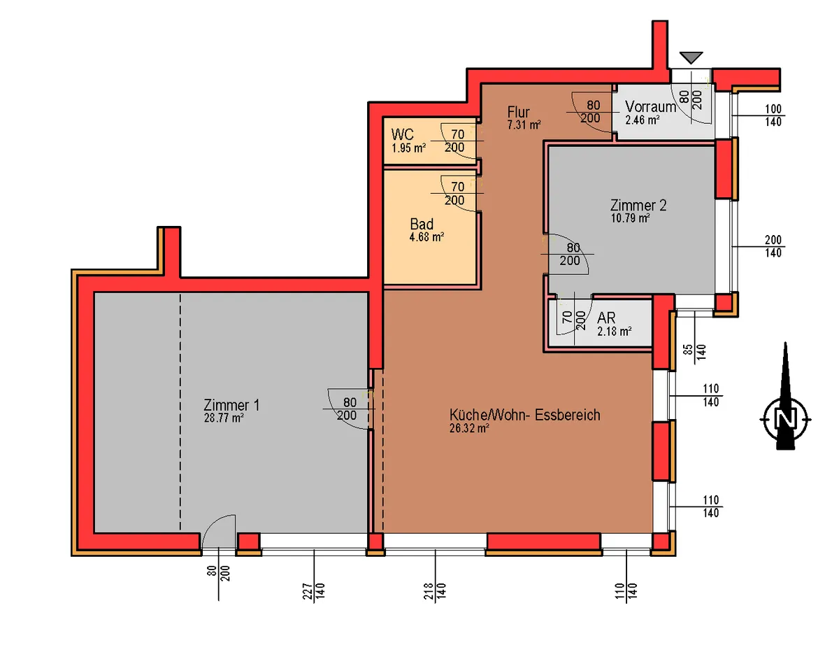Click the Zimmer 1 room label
click(x=231, y=405)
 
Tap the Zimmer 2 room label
click(x=638, y=205)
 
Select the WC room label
click(x=402, y=134)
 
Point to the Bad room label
click(x=422, y=224)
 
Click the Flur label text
click(x=518, y=112)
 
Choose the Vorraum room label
click(x=650, y=106)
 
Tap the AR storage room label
click(x=606, y=318)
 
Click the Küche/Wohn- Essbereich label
click(x=524, y=415)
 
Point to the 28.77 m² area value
click(x=224, y=418)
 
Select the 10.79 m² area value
click(x=630, y=218)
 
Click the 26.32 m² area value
click(x=470, y=428)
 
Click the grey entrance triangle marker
click(x=691, y=57)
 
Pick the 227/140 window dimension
click(x=314, y=591)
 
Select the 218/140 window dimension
click(x=435, y=591)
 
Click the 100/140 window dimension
click(x=773, y=115)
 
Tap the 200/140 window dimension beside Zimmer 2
click(x=773, y=246)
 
